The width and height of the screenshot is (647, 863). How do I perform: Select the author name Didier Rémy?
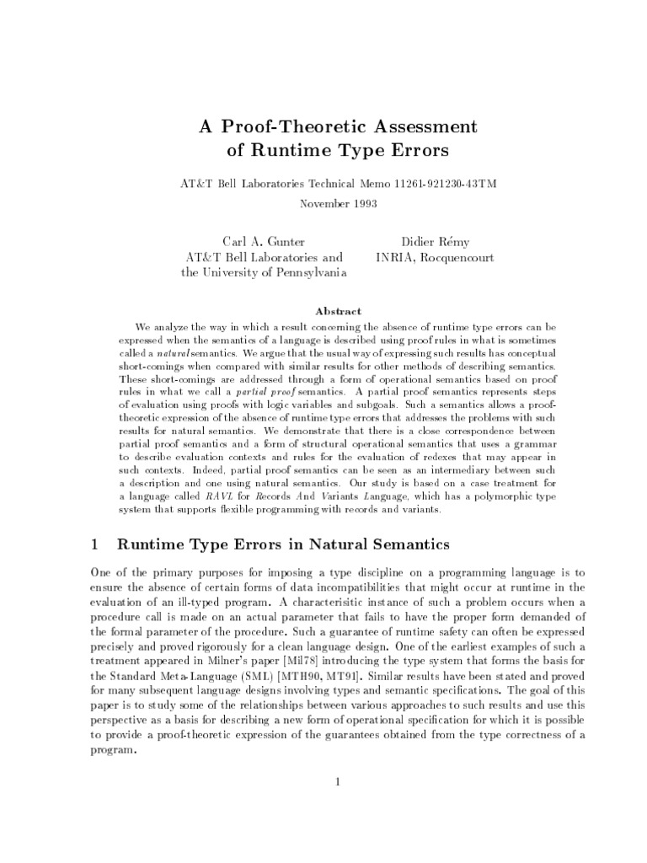point(435,241)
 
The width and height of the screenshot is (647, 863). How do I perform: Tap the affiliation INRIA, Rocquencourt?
point(435,257)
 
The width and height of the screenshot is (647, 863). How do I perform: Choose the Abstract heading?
point(338,311)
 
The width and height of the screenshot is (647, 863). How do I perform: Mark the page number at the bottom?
point(337,781)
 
